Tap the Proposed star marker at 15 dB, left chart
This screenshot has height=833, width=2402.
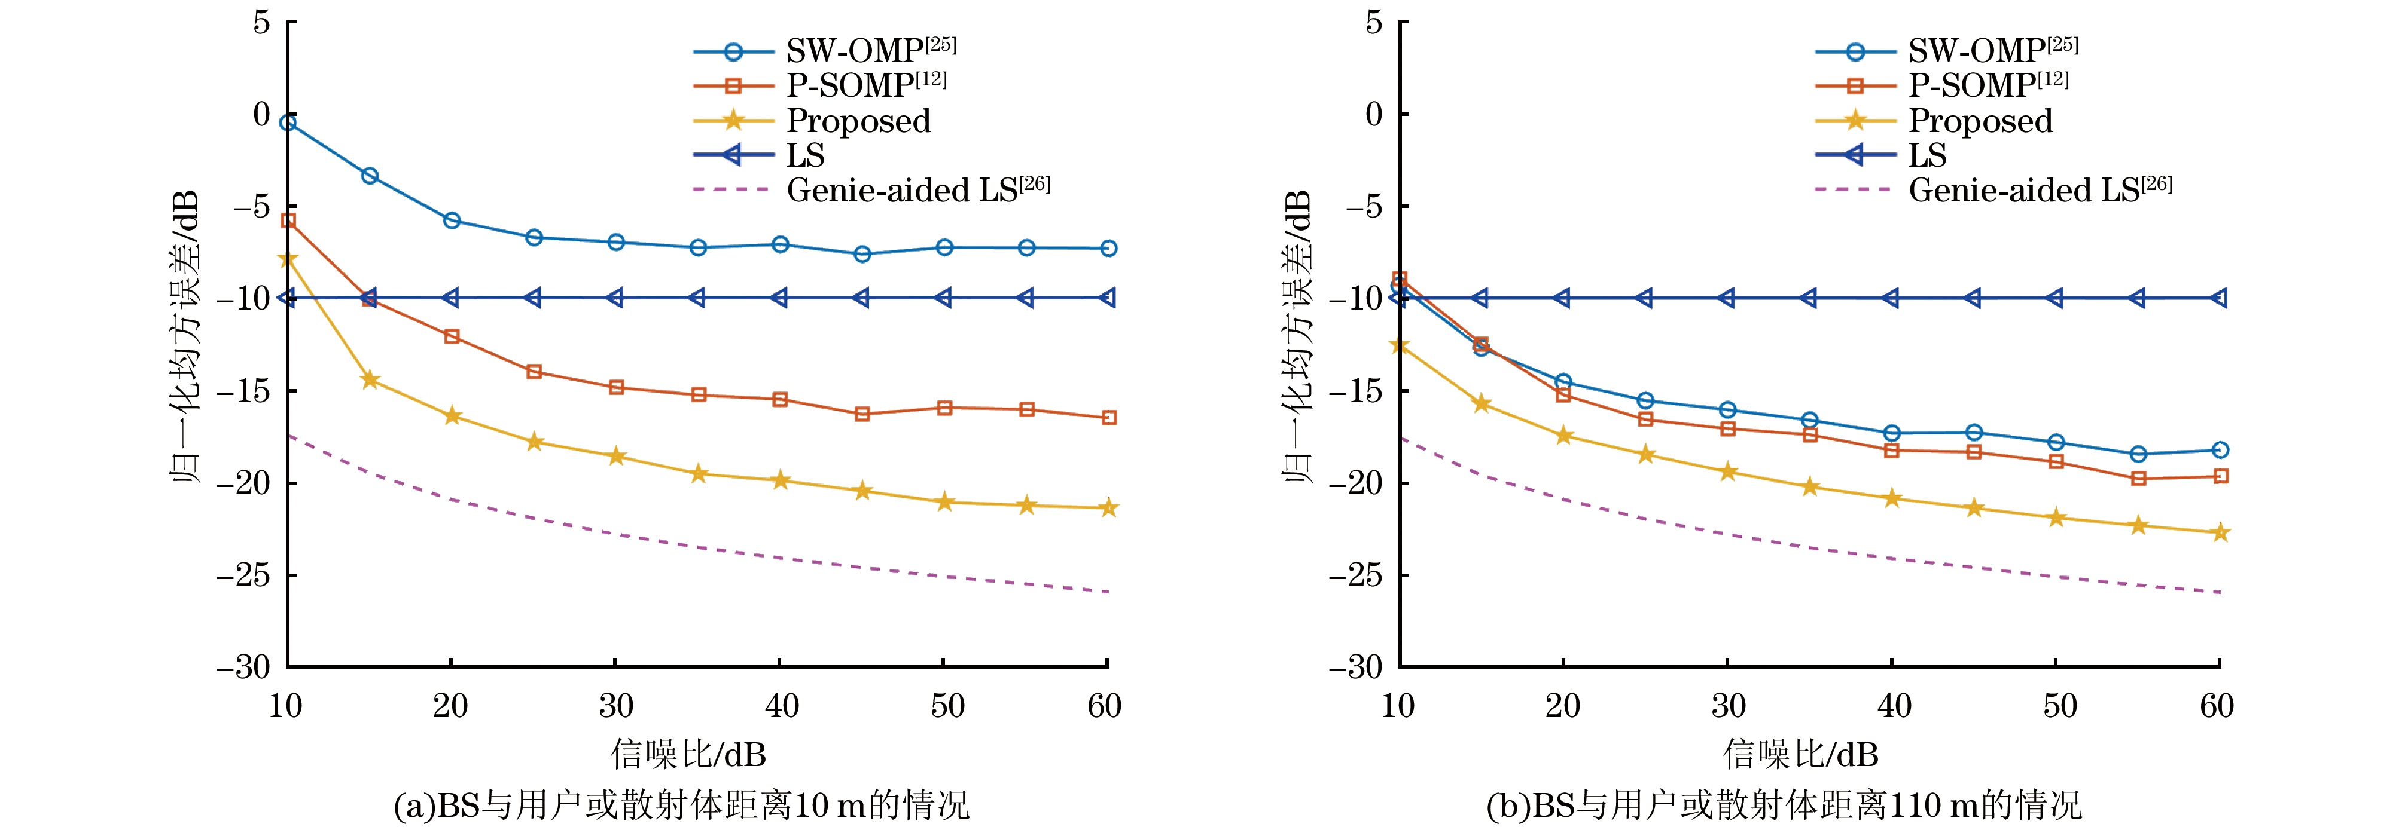click(x=370, y=380)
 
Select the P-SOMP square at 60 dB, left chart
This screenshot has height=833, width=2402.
click(x=1109, y=418)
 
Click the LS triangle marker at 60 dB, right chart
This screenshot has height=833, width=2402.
click(x=2220, y=298)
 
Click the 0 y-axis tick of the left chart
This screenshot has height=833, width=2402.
click(x=261, y=115)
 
